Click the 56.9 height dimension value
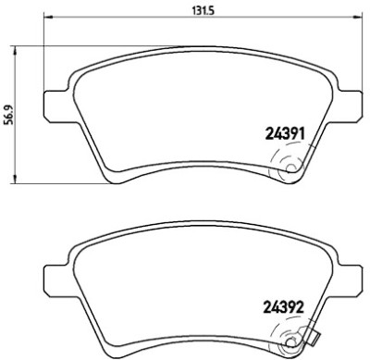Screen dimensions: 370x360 click(8, 115)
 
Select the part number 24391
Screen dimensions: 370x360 click(285, 134)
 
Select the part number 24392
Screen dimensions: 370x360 click(285, 306)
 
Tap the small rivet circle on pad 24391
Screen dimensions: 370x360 click(290, 168)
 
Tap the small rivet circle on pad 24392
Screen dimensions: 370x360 click(290, 341)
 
